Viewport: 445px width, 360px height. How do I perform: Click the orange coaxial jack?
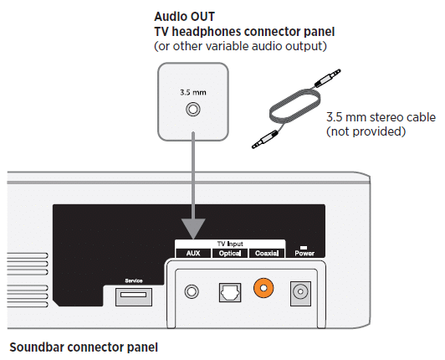[x=263, y=288]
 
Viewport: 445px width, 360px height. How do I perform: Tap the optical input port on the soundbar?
[x=230, y=292]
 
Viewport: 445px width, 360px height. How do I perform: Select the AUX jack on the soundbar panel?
[x=192, y=291]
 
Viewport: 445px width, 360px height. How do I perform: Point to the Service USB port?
[x=134, y=297]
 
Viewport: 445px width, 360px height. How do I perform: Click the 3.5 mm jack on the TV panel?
[x=193, y=109]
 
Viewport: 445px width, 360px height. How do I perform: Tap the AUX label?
[x=193, y=253]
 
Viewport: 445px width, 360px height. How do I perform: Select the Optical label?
[x=230, y=253]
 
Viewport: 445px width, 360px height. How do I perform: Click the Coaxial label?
[x=267, y=253]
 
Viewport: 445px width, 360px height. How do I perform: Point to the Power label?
[x=304, y=253]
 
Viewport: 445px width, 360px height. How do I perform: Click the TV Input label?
[x=230, y=244]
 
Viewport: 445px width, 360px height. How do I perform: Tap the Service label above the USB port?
[x=134, y=280]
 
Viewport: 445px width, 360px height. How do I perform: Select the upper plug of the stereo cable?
[x=328, y=78]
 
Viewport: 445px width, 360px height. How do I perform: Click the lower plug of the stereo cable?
[x=265, y=139]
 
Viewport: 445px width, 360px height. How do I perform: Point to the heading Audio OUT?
[x=185, y=17]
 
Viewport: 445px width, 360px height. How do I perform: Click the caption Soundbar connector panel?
[x=84, y=347]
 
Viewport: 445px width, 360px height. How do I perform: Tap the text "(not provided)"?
[x=366, y=131]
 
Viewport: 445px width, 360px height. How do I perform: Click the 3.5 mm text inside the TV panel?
[x=193, y=92]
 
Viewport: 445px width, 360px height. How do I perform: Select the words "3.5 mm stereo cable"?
[x=381, y=117]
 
